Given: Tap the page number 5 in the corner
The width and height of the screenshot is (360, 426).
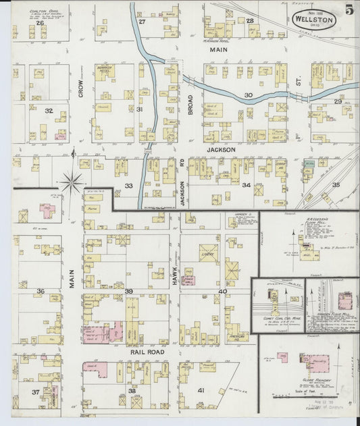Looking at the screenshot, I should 348,10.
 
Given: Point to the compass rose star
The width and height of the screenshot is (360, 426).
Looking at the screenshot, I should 72,181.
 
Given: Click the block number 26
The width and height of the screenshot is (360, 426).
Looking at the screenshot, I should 41,23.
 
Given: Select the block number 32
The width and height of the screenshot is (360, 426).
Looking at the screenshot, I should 49,110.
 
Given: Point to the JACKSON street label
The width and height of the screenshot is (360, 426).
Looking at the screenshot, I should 221,150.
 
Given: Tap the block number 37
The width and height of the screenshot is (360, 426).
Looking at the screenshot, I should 35,392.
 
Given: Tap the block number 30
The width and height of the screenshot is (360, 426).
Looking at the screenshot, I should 248,95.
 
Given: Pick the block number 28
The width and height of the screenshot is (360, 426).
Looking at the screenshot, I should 249,22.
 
